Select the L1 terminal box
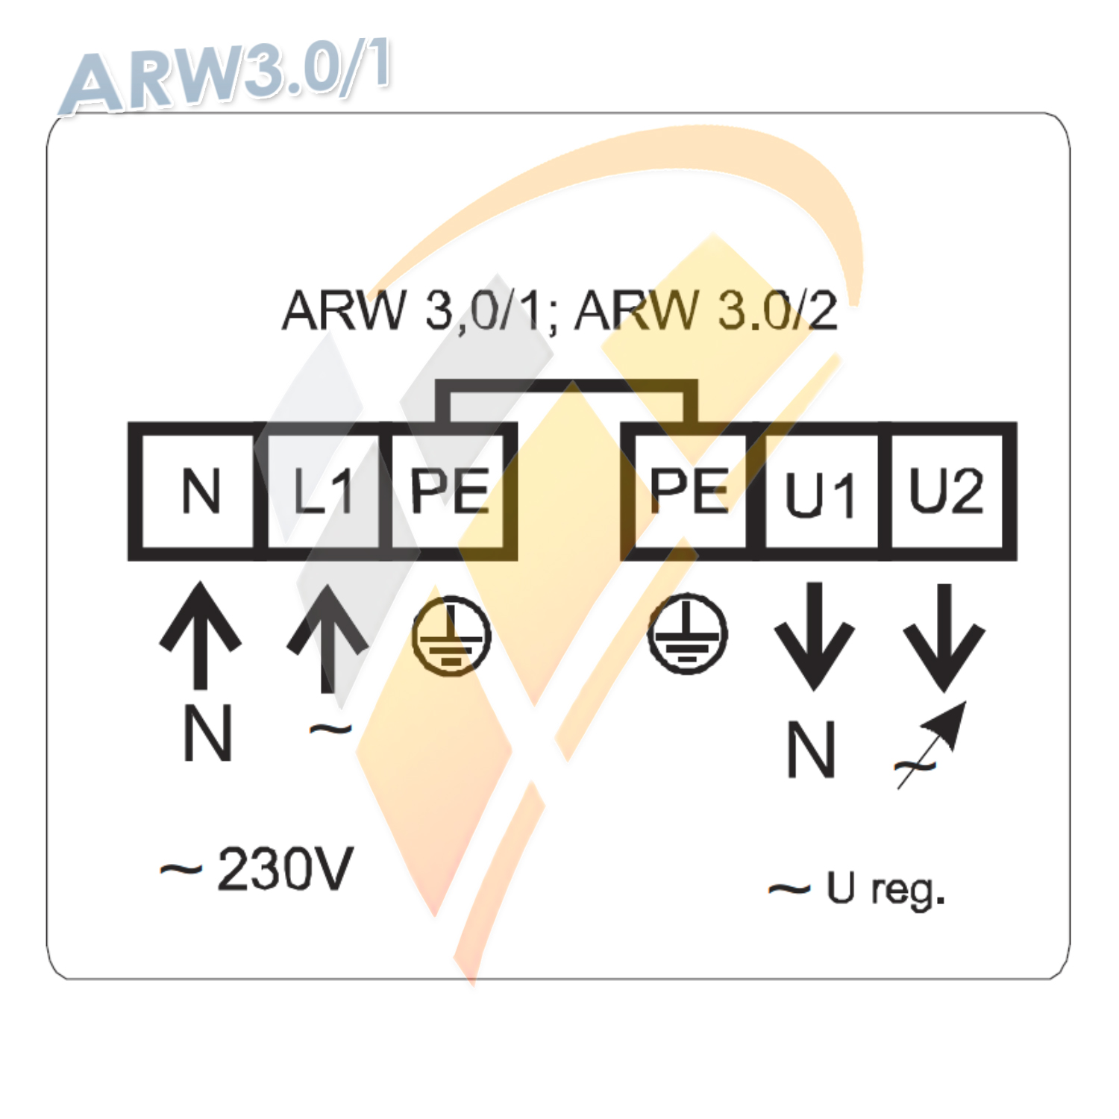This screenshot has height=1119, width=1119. point(323,491)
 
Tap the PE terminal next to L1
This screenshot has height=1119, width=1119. point(449,491)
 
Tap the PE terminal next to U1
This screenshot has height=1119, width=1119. point(688,491)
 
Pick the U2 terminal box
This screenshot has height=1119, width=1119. point(946,491)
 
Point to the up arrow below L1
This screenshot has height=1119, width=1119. point(327,638)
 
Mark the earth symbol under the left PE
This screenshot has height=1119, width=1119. point(451,636)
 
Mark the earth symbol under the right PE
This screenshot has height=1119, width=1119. point(687,634)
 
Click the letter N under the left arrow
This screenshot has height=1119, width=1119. point(207,733)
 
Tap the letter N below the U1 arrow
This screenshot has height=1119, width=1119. point(811,750)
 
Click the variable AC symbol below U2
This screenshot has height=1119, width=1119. point(930,746)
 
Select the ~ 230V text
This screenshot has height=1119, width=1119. point(257,869)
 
